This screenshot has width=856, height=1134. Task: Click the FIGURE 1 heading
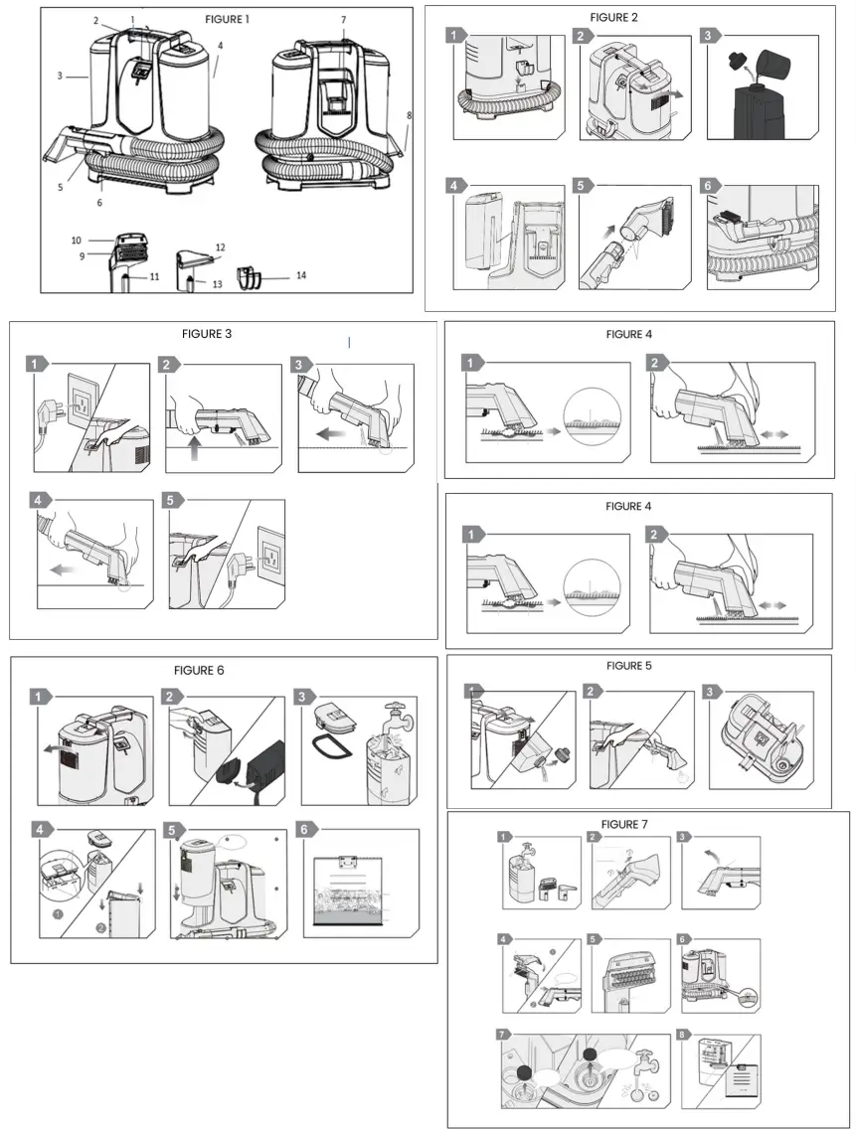click(x=227, y=19)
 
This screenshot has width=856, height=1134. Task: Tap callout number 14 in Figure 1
click(x=300, y=275)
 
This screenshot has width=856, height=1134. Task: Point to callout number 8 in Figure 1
click(x=408, y=115)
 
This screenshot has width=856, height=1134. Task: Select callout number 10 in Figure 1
click(x=76, y=241)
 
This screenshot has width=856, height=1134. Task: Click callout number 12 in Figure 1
click(x=221, y=246)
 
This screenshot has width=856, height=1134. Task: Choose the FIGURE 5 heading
click(x=630, y=665)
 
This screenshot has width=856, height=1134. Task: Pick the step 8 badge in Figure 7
click(x=685, y=1034)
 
